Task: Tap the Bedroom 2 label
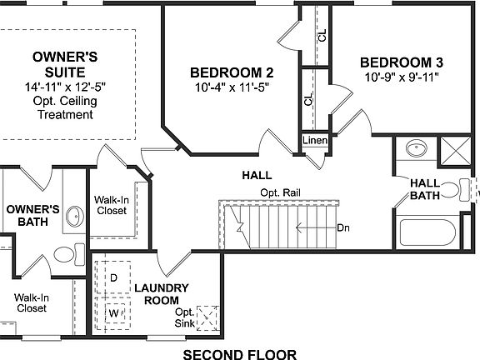click(x=220, y=71)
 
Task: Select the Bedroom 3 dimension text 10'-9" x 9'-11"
click(x=402, y=77)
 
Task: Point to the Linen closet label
click(x=314, y=140)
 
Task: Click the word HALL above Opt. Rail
click(x=256, y=176)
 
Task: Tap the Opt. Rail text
click(x=280, y=192)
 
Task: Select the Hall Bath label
click(x=425, y=189)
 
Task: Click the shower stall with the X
click(x=457, y=152)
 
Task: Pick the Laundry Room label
click(x=167, y=294)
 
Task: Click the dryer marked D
click(x=113, y=276)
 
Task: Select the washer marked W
click(x=113, y=313)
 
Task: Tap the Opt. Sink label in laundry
click(x=184, y=317)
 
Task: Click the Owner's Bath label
click(x=27, y=216)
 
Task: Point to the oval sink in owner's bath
click(x=72, y=217)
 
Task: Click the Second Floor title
click(x=239, y=353)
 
